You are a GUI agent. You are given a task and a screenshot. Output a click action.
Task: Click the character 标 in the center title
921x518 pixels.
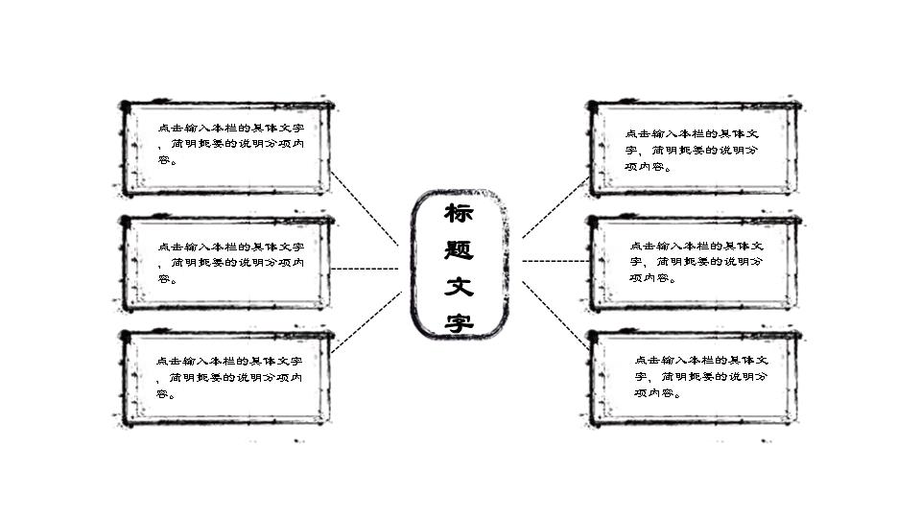point(459,213)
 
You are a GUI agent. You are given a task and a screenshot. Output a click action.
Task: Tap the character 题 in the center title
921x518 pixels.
point(459,249)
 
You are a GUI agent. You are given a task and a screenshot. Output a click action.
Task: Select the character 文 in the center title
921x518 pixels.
point(459,287)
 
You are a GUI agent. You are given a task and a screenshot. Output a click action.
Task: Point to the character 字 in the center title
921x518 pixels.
point(459,322)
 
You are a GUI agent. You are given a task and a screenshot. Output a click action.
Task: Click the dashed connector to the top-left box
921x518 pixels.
point(365,208)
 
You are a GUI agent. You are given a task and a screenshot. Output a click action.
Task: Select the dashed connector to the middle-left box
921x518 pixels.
point(365,269)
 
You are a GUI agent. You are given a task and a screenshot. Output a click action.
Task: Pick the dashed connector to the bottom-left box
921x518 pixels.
point(366,322)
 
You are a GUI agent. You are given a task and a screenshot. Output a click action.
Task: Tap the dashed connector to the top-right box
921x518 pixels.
point(555,207)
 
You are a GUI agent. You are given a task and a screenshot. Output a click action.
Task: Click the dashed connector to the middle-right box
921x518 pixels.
point(555,261)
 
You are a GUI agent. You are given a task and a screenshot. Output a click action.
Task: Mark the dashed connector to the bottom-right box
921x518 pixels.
point(555,316)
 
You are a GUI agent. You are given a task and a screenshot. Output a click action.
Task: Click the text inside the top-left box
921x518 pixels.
point(231,144)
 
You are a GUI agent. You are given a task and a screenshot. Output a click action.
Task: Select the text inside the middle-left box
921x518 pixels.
point(231,263)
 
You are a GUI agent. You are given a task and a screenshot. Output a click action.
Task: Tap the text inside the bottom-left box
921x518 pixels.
point(229,378)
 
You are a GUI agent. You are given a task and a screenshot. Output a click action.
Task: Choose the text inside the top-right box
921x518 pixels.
point(692,151)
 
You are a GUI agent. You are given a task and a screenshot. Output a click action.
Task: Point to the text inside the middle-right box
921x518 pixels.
point(697,262)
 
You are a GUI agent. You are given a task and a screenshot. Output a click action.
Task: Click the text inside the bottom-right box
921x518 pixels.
point(701,376)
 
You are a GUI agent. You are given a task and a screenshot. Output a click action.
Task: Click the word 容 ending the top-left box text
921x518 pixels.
point(164,160)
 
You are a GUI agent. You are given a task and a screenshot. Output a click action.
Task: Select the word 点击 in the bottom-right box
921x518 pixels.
point(648,360)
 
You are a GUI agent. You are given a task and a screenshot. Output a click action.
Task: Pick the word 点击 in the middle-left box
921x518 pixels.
point(171,247)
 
